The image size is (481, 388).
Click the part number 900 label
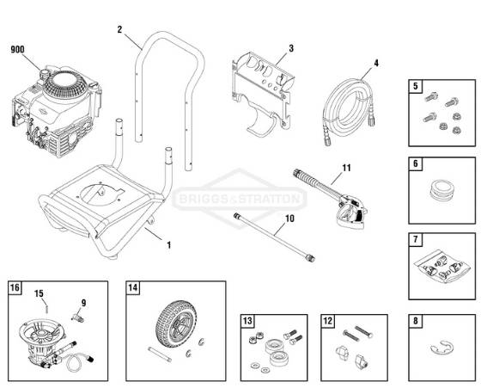pyautogui.click(x=17, y=51)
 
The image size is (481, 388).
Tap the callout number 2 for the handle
pyautogui.click(x=119, y=29)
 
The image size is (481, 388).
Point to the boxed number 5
pyautogui.click(x=416, y=86)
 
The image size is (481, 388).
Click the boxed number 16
pyautogui.click(x=15, y=287)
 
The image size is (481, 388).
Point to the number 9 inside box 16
pyautogui.click(x=83, y=303)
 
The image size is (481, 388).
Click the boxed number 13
pyautogui.click(x=248, y=322)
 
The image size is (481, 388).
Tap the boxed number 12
pyautogui.click(x=328, y=322)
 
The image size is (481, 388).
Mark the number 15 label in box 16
pyautogui.click(x=39, y=294)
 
